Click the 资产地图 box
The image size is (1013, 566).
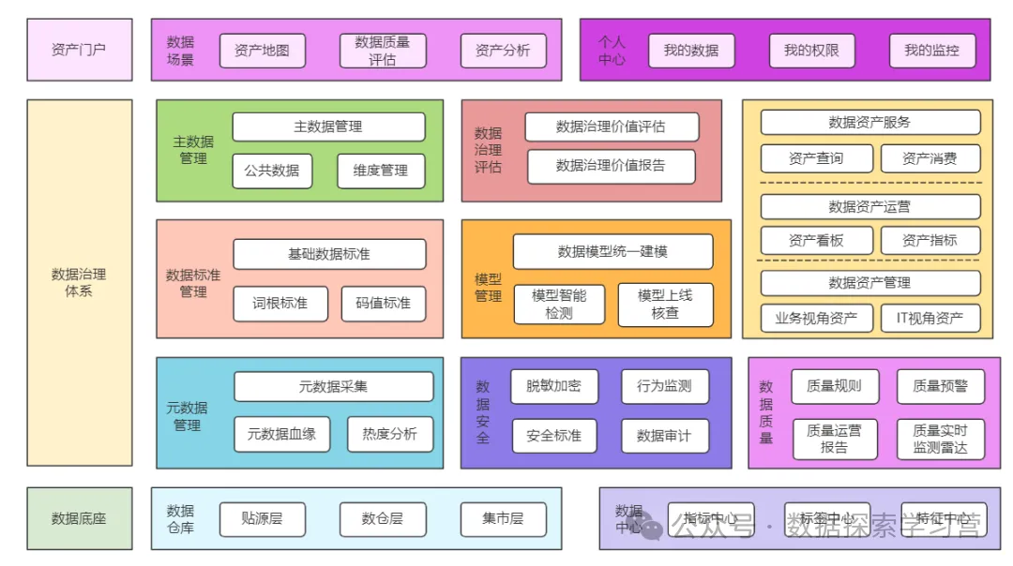262,51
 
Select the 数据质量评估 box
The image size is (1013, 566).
383,51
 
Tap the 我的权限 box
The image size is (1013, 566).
811,51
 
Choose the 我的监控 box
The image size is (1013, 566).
931,51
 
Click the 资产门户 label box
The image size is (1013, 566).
80,50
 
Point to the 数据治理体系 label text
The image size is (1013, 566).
80,282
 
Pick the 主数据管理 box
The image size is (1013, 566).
328,127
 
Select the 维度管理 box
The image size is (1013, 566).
381,171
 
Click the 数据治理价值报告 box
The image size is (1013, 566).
611,166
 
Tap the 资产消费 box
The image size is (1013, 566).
930,158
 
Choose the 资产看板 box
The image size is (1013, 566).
816,241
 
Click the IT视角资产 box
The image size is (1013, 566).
930,318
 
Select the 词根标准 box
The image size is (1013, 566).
280,304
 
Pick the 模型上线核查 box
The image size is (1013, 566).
665,305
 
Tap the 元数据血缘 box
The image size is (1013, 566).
281,434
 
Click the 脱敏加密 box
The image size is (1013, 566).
553,386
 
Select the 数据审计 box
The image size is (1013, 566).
664,436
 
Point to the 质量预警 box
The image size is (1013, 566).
940,386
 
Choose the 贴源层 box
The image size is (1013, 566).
262,518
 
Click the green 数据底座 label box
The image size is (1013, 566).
80,518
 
